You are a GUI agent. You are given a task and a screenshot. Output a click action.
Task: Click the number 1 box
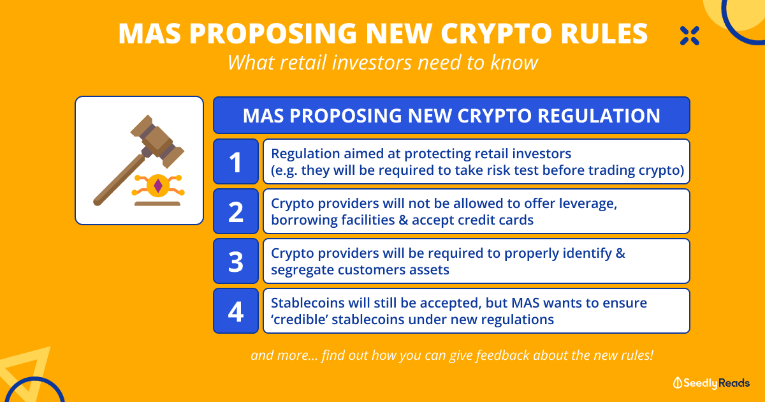(x=236, y=161)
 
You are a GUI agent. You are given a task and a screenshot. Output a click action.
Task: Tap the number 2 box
(x=236, y=211)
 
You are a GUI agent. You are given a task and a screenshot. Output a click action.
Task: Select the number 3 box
(x=236, y=261)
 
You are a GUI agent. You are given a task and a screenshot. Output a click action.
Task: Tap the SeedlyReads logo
(x=711, y=383)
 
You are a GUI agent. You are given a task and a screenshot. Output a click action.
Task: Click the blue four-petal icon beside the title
(x=690, y=36)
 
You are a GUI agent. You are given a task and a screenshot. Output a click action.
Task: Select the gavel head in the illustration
(x=157, y=141)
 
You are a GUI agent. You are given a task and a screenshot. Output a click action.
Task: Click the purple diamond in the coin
(x=158, y=186)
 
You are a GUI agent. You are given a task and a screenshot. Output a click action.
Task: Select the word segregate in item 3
(x=302, y=271)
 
